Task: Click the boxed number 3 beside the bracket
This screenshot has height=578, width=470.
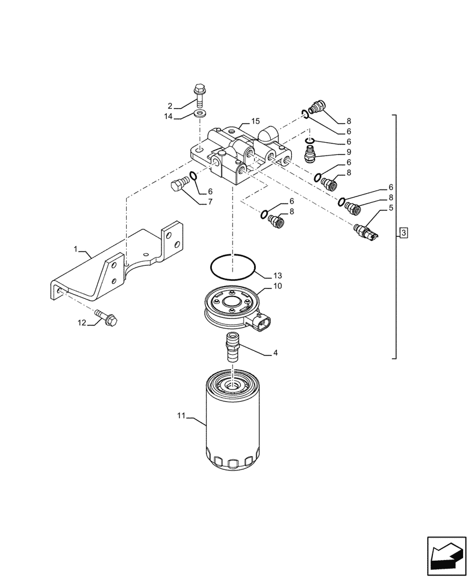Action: click(x=404, y=233)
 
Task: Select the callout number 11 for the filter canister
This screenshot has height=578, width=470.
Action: click(x=181, y=415)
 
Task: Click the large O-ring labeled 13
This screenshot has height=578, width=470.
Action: click(x=232, y=266)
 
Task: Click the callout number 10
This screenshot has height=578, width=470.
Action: click(x=277, y=286)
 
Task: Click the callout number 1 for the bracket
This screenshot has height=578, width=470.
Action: click(x=75, y=249)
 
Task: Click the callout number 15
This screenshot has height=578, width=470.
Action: click(x=255, y=121)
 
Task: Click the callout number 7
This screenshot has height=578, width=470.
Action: click(x=210, y=202)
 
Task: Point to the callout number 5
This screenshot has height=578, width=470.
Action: click(x=391, y=208)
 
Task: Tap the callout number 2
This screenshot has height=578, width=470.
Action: click(x=170, y=106)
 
